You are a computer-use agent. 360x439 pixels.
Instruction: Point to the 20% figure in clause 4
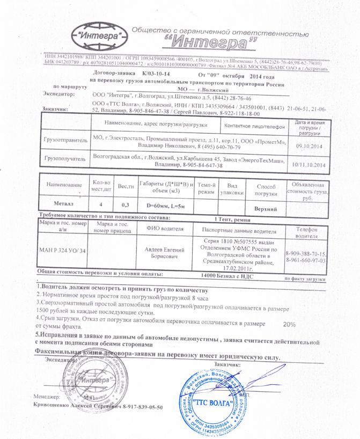point(289,325)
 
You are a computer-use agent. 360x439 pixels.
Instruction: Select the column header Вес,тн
point(126,185)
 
